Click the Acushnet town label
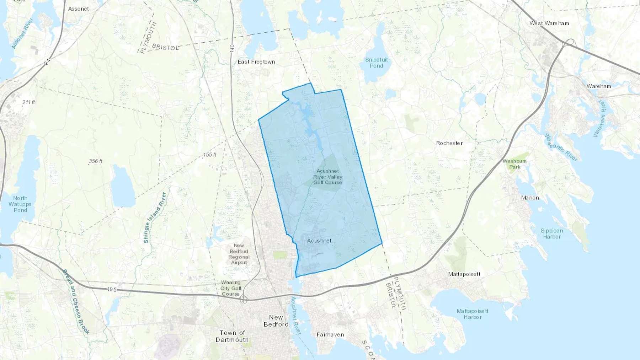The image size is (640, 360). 319,241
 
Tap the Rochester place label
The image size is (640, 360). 449,143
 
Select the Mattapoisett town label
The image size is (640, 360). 464,274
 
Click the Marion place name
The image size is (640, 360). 530,198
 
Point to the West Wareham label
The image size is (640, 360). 549,23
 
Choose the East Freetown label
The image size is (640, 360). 256,62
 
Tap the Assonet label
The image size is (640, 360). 78,9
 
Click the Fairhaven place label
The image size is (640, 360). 330,334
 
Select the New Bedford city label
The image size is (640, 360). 276,321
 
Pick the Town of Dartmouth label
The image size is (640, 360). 232,336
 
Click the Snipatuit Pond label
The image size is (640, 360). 376,63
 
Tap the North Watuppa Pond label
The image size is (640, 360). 20,204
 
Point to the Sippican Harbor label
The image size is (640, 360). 551,233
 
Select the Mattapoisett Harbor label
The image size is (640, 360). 472,314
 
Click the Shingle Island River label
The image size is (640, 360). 155,217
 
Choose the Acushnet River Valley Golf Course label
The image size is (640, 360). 327,177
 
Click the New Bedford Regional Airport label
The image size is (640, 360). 239,254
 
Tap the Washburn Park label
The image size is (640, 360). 514,164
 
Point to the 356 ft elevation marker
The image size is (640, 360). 95,161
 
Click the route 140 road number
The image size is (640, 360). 232,48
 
